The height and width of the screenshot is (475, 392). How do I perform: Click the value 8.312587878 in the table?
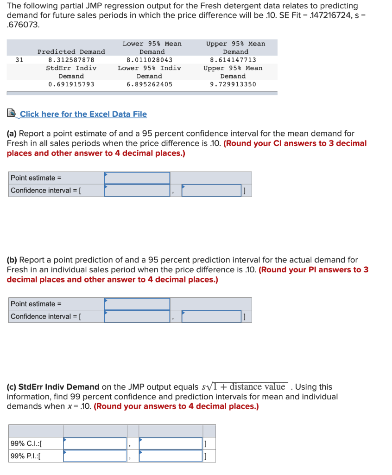tap(71, 60)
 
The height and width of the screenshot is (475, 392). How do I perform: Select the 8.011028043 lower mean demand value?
tap(149, 60)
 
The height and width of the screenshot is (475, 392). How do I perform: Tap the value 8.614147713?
tap(233, 60)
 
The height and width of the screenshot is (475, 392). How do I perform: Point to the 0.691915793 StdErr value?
tap(71, 84)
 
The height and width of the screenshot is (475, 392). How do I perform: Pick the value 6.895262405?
tap(149, 84)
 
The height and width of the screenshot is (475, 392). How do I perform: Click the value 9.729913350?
tap(233, 84)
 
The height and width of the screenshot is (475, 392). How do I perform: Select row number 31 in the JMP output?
tap(19, 60)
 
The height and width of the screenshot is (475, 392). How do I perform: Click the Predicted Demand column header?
tap(71, 51)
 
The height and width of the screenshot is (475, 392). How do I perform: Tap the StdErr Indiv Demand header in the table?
tap(71, 72)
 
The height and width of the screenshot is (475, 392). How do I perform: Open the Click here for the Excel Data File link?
tap(83, 114)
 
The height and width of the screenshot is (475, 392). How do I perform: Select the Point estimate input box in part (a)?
tap(137, 178)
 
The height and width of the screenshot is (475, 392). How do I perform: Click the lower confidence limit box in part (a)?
tap(137, 190)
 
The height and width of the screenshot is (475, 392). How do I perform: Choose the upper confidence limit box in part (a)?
tap(212, 190)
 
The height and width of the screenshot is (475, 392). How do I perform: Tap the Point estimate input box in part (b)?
tap(137, 304)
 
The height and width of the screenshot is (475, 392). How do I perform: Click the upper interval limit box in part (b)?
tap(212, 316)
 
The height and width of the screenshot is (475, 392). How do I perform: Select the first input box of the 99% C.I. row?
tap(95, 443)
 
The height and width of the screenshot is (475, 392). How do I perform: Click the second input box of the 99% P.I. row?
tap(171, 456)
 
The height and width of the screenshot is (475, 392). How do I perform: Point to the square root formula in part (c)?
tap(245, 387)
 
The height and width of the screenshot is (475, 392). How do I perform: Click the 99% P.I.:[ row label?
tap(25, 456)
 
